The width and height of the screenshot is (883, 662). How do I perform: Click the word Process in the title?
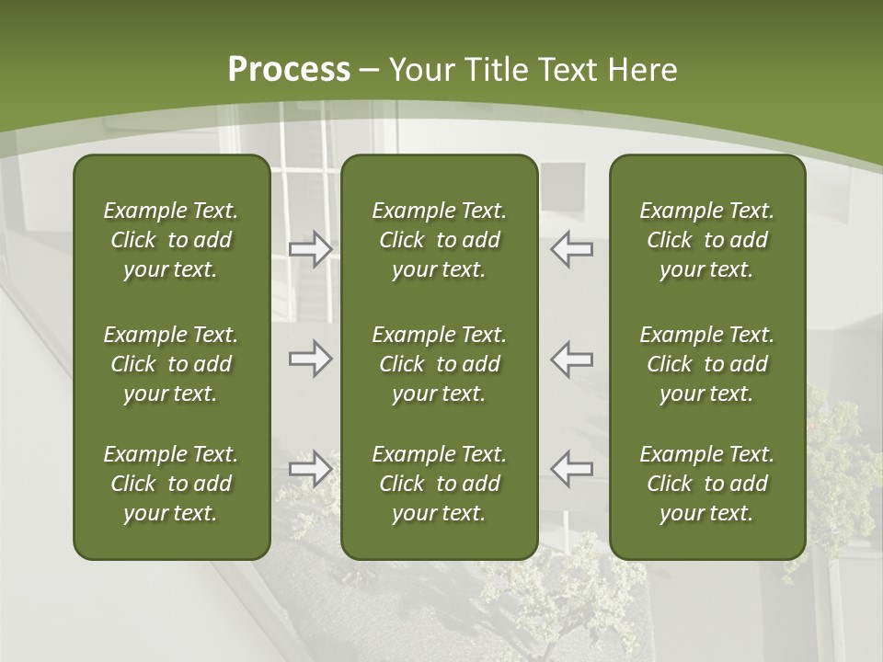click(289, 70)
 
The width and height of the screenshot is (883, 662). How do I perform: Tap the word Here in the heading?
click(643, 70)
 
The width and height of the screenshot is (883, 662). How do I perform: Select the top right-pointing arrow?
click(310, 249)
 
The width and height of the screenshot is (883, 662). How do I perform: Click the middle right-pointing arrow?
click(310, 359)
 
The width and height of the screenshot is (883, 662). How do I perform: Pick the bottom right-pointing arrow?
click(310, 469)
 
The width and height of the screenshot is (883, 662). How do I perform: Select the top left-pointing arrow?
click(571, 249)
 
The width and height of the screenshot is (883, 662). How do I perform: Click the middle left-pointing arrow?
click(571, 359)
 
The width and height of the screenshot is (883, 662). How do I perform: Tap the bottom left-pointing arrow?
click(571, 469)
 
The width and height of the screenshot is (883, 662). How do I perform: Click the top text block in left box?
click(171, 240)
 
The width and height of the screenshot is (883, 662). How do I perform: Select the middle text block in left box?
click(171, 364)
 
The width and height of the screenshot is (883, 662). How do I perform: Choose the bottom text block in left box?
click(171, 484)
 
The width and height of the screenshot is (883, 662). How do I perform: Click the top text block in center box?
click(439, 240)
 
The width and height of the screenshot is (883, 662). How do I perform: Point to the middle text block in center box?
click(439, 364)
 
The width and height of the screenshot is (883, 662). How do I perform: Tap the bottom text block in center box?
click(439, 484)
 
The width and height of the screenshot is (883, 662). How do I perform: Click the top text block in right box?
click(706, 240)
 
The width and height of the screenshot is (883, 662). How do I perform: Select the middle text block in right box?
click(706, 364)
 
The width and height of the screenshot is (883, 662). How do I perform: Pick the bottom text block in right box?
click(706, 484)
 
